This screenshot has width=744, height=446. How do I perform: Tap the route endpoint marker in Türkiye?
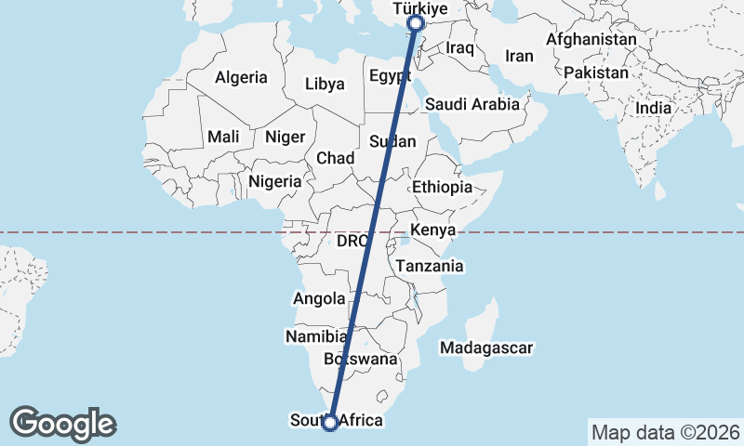pos(416,23)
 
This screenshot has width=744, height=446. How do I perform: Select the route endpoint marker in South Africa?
pos(330,423)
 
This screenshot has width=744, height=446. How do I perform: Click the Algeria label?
pos(241,78)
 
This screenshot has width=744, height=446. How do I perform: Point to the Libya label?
pos(325,84)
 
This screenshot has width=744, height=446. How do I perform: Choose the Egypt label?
pos(389,75)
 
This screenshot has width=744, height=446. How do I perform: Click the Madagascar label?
pos(486,348)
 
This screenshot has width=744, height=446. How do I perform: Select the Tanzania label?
pos(430,266)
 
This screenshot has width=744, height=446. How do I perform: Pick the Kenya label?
pos(432,230)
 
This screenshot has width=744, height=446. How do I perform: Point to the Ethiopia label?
pos(442,187)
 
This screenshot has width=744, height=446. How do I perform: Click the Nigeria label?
pos(276,181)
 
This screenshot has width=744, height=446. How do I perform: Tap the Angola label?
pos(319,299)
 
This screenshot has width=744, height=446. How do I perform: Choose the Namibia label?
pos(317,335)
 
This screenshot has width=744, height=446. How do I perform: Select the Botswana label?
pos(361,359)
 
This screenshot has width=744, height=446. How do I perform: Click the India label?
pos(653,108)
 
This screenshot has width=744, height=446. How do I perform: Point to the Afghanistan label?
pos(591,40)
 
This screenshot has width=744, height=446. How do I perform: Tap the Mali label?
pos(223,137)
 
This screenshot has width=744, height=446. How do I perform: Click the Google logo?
pos(63,424)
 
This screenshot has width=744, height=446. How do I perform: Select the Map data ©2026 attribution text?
pos(665,432)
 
